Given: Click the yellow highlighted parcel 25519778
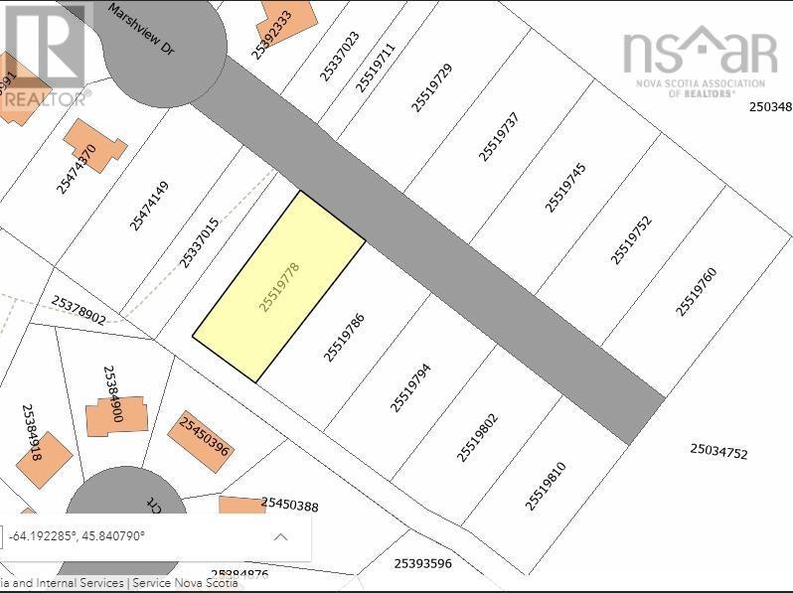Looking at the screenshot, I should (279, 286).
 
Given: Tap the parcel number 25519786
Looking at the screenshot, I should (345, 338).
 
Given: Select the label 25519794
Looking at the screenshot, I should (410, 386).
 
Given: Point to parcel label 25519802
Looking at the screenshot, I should (477, 437).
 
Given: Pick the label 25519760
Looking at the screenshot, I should (696, 292).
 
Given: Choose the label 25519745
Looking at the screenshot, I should (564, 187).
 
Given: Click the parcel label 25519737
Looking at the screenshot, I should (498, 136).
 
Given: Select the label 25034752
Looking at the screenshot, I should (718, 452).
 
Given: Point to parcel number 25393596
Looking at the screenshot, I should (422, 563).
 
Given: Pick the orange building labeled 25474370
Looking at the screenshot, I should (93, 145).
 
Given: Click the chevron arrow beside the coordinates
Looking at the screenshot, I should (280, 537).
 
